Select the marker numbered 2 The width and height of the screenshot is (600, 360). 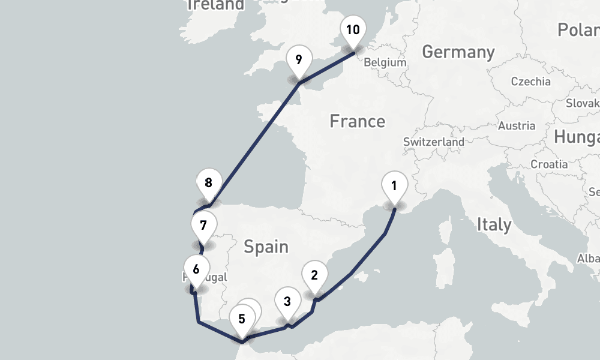[314, 275]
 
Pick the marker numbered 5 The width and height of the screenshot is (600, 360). [242, 319]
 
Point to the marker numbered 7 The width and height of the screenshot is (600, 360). [203, 226]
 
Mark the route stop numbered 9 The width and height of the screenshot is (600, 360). [299, 59]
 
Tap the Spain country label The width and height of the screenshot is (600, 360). [266, 247]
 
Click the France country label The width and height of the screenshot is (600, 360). [357, 121]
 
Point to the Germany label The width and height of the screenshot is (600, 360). [458, 52]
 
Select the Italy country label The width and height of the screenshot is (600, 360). [494, 225]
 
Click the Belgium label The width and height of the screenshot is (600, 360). [385, 62]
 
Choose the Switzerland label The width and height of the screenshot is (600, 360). [433, 142]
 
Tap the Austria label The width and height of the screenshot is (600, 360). [516, 126]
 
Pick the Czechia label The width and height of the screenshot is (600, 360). [530, 82]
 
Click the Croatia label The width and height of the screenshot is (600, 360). [549, 164]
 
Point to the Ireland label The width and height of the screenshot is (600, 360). [216, 5]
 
